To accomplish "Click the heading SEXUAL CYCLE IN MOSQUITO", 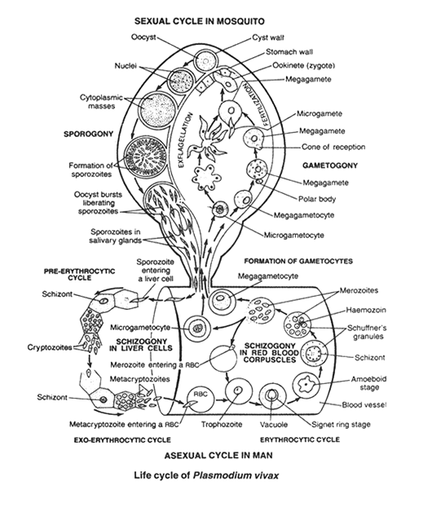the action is (200, 21).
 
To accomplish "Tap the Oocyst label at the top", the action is (143, 37).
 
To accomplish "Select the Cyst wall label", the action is (268, 38).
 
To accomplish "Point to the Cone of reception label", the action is (333, 147).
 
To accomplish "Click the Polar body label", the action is (317, 199).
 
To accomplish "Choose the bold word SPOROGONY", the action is (89, 134).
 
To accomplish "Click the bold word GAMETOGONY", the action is (330, 166).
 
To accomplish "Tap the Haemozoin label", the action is (366, 310).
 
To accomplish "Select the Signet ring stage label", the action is (341, 425).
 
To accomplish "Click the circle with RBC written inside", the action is (200, 399).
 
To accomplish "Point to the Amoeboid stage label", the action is (369, 383).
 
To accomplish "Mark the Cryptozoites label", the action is (50, 347).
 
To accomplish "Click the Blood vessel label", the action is (364, 405).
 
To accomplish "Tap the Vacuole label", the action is (274, 425).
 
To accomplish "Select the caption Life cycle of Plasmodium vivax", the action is (206, 475).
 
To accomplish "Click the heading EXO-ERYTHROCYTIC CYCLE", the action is (122, 440).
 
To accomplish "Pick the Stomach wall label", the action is (289, 52).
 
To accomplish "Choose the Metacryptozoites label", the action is (139, 379).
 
